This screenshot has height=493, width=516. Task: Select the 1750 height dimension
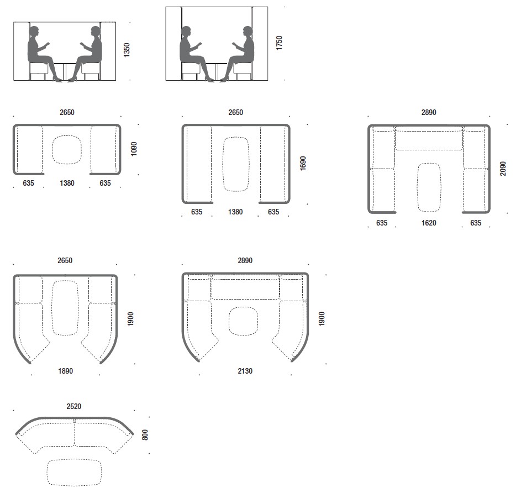coord(279,43)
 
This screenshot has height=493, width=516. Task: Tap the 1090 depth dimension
coord(134,149)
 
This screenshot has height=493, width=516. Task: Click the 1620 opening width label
coord(429,223)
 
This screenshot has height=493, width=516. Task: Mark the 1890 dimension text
coord(66,371)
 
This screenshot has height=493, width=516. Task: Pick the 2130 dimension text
coord(245,371)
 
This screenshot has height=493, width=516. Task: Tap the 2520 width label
coord(74,406)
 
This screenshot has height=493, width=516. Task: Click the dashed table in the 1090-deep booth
coord(67,150)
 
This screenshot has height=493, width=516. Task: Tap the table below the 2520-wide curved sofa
coord(75,472)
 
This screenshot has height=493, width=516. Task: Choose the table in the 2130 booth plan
coord(243,321)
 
